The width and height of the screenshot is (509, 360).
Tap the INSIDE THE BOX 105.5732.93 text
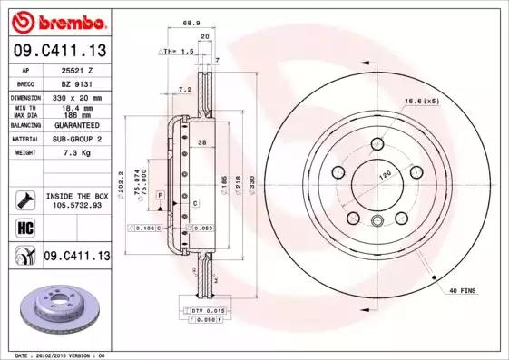[x=78, y=199]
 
